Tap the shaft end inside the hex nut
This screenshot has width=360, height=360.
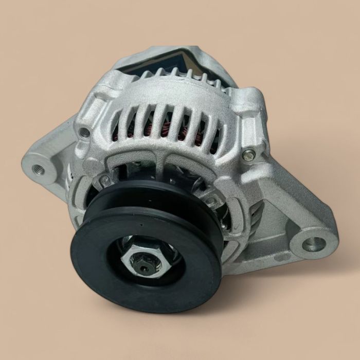[x=145, y=267]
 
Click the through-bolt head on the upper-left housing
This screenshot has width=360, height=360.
[x=84, y=132]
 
